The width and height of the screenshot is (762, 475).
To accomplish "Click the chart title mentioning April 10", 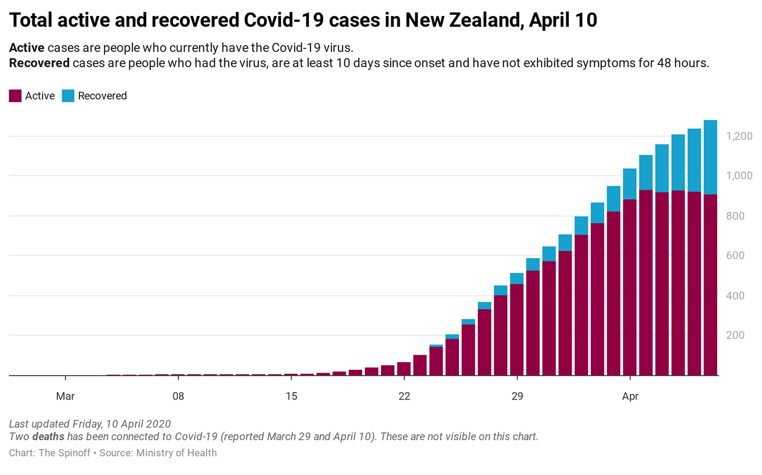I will (303, 21).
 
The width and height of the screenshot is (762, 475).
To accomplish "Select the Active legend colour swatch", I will (15, 96).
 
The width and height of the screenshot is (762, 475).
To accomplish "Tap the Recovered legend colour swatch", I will (68, 96).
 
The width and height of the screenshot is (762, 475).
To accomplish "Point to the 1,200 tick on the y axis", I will (739, 136).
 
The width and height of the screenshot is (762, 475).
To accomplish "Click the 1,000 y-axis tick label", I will (739, 176).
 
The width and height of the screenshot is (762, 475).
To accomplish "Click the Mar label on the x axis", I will (65, 396).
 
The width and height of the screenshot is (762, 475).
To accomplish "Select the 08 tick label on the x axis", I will (178, 396).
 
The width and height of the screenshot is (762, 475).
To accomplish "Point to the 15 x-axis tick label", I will (291, 396).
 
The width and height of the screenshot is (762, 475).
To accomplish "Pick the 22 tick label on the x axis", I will (404, 396).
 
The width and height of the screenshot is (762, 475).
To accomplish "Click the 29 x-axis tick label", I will (517, 396).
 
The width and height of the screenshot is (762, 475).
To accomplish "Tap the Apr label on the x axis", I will (630, 396).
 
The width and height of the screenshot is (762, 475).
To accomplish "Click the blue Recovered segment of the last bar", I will (710, 157).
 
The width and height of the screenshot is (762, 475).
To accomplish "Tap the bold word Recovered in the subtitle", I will (39, 63).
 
